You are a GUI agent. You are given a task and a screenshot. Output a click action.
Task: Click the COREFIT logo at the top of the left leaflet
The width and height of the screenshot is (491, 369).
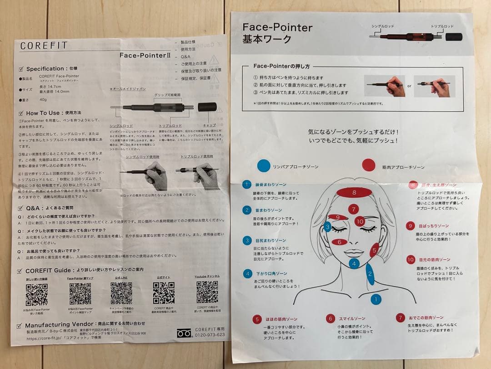coord(44,46)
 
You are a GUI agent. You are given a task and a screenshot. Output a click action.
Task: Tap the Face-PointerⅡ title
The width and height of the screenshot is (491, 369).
coord(144,55)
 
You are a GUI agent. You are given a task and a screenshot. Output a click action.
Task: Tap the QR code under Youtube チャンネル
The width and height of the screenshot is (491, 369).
coord(207,292)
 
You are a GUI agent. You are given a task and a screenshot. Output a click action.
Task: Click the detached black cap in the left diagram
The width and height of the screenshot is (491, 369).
coord(207,108)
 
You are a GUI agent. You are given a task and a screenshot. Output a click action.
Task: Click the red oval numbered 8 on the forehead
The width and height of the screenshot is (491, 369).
coord(354,193)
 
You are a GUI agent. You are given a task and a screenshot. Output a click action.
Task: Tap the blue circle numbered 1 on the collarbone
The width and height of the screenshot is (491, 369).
coord(376,299)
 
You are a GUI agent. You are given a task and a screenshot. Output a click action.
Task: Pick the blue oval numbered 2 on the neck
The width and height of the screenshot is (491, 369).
coord(370,274)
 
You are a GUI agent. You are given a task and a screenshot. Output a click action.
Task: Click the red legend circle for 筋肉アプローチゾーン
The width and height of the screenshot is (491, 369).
coord(368,165)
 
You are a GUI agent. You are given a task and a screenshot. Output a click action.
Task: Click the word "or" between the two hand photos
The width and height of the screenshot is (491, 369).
coord(409,86)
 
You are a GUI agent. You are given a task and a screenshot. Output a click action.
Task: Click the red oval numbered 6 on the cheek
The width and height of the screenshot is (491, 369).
coord(339,242)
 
